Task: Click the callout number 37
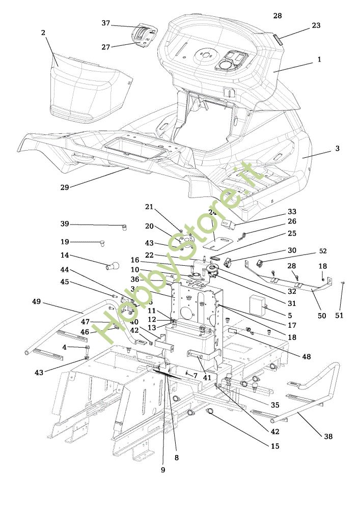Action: coord(106,23)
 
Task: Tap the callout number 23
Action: coord(316,25)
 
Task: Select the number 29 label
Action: coord(65,187)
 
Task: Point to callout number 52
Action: coord(323,251)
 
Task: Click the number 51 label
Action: coord(340,316)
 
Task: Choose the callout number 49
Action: coord(36,301)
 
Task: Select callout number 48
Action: coord(306,357)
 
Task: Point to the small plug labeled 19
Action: coord(101,243)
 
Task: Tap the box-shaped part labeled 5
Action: coord(258,303)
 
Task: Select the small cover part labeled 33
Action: coord(227,223)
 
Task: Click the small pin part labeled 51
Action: coord(343,284)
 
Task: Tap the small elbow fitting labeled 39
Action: coord(124,227)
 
